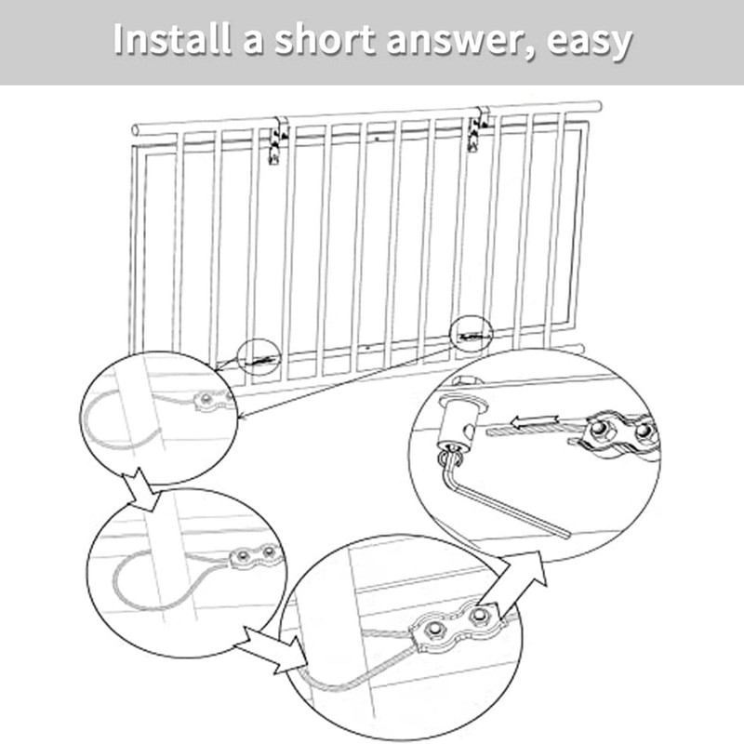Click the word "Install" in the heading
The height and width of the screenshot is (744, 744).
[x=172, y=38]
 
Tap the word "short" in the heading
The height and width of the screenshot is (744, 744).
[x=325, y=38]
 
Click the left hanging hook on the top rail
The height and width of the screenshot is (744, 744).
[x=276, y=141]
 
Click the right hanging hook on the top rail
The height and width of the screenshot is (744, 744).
[x=477, y=129]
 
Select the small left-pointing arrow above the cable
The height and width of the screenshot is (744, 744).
[x=535, y=420]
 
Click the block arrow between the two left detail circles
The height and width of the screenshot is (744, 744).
[x=141, y=488]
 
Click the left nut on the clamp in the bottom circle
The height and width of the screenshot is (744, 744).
[x=432, y=631]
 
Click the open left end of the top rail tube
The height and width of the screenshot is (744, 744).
[x=136, y=130]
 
